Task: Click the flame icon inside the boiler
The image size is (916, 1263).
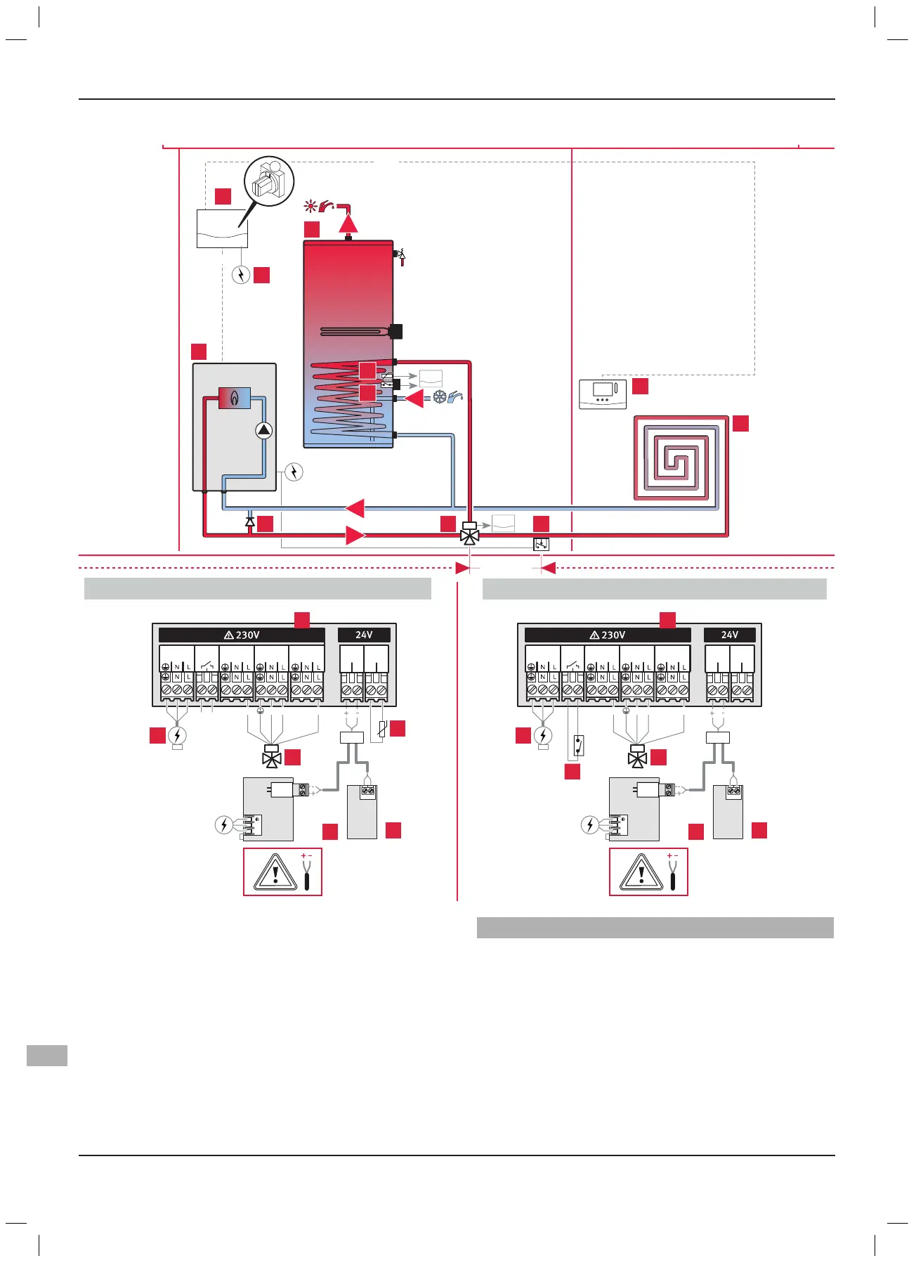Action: coord(235,399)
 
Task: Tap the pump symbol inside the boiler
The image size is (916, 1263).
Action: coord(263,431)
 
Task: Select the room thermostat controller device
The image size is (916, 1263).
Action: coord(603,394)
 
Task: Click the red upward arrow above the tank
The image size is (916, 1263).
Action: coord(348,223)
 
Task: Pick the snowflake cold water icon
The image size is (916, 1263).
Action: coord(439,397)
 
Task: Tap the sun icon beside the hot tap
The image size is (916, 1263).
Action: coord(310,207)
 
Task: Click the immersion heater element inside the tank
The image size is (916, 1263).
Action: coord(358,331)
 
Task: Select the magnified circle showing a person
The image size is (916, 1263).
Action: coord(269,181)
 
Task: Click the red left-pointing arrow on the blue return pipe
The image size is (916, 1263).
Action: coord(355,508)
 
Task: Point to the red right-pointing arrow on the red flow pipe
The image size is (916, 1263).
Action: coord(355,536)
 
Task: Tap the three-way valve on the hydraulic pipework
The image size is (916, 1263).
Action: coord(469,536)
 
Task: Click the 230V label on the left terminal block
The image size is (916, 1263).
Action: coord(242,635)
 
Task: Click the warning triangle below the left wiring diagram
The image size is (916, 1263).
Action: coord(275,872)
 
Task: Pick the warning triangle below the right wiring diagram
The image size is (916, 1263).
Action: coord(641,872)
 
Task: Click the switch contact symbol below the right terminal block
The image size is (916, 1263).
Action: coord(578,745)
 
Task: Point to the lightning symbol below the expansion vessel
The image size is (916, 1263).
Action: coord(241,275)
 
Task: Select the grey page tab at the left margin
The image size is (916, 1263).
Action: coord(47,1055)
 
